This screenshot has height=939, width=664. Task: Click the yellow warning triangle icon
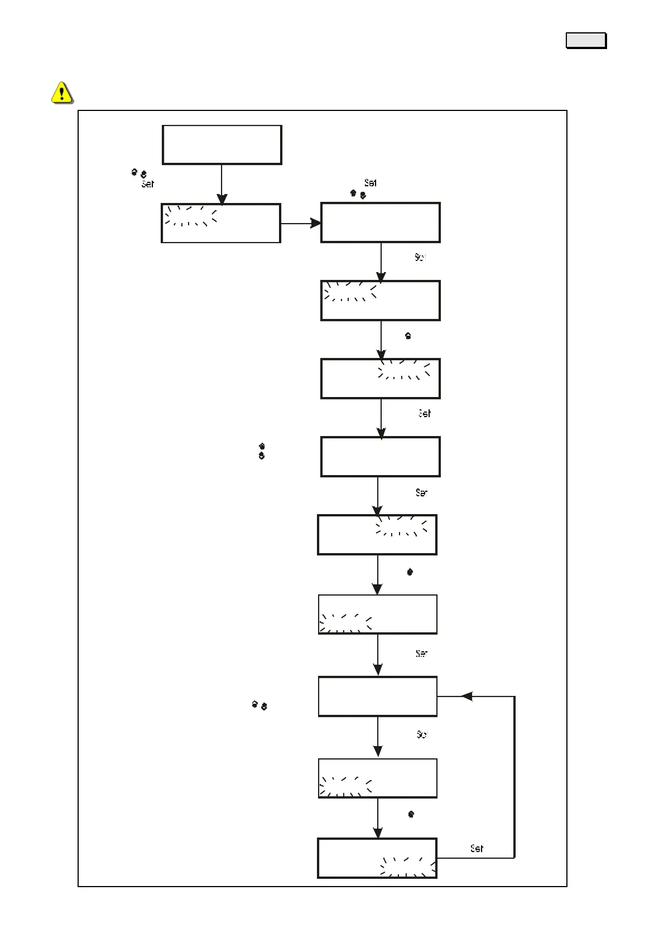click(61, 92)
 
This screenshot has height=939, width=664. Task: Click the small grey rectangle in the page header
click(586, 41)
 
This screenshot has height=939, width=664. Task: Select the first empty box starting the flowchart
click(222, 144)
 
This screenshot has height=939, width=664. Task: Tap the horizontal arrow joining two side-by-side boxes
click(300, 223)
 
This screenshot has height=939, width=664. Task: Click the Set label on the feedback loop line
click(477, 848)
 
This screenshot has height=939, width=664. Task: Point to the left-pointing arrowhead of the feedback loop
click(467, 696)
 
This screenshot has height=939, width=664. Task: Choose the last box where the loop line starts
click(377, 858)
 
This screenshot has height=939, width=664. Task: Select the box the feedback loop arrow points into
click(377, 696)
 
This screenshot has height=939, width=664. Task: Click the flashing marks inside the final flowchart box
click(407, 867)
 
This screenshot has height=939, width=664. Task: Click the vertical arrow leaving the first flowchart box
click(222, 184)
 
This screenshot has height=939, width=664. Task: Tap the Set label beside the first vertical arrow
click(147, 184)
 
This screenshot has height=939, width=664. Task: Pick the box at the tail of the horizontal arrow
click(221, 223)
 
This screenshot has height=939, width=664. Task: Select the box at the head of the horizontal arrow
click(381, 222)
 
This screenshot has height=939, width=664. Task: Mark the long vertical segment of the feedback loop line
click(514, 777)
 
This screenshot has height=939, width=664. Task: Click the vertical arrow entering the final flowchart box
click(378, 817)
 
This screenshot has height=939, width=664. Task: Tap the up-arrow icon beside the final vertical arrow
click(411, 814)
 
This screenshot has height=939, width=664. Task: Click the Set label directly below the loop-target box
click(422, 735)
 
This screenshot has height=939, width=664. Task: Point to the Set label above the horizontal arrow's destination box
click(370, 183)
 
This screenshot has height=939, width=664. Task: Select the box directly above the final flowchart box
click(377, 778)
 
